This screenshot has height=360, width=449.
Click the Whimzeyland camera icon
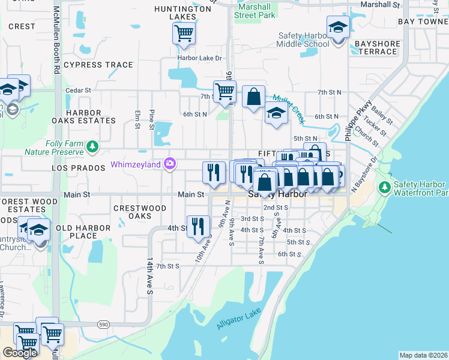tap(170, 164)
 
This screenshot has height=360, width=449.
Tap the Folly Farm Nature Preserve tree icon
tap(92, 146)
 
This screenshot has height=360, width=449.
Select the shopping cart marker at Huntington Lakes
tap(184, 33)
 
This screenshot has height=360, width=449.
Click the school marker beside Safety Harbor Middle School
tap(338, 28)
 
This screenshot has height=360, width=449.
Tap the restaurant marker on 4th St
tap(198, 226)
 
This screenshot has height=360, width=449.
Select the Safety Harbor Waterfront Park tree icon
tap(384, 188)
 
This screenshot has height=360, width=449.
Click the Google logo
tap(20, 353)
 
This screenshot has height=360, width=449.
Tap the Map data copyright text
tap(423, 355)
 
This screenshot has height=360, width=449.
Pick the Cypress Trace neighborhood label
tap(98, 65)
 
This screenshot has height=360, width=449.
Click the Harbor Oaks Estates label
tap(91, 116)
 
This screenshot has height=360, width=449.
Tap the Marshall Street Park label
tap(255, 11)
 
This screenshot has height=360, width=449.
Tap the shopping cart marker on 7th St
tap(224, 91)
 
